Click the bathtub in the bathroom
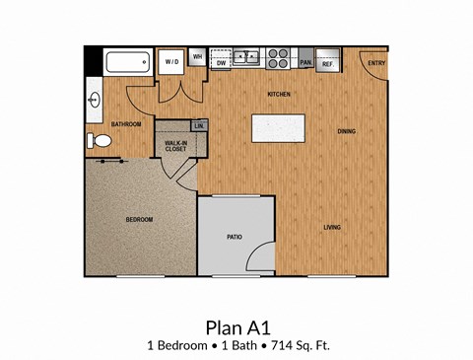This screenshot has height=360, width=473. (x=126, y=63)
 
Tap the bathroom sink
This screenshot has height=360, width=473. (x=96, y=100)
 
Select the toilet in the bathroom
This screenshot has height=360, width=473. (x=99, y=142)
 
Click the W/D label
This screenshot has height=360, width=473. (x=171, y=61)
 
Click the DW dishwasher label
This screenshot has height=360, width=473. (x=222, y=62)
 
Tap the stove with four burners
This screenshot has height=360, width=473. (x=278, y=57)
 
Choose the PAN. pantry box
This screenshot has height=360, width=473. (x=305, y=61)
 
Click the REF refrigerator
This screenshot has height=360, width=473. (x=328, y=61)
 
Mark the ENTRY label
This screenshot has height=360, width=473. (x=375, y=63)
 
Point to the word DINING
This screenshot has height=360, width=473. (x=346, y=131)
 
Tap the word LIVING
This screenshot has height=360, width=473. (x=332, y=228)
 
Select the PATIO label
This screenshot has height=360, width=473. (x=235, y=237)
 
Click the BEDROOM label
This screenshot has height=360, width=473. (x=139, y=219)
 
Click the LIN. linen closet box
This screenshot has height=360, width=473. (x=199, y=126)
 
